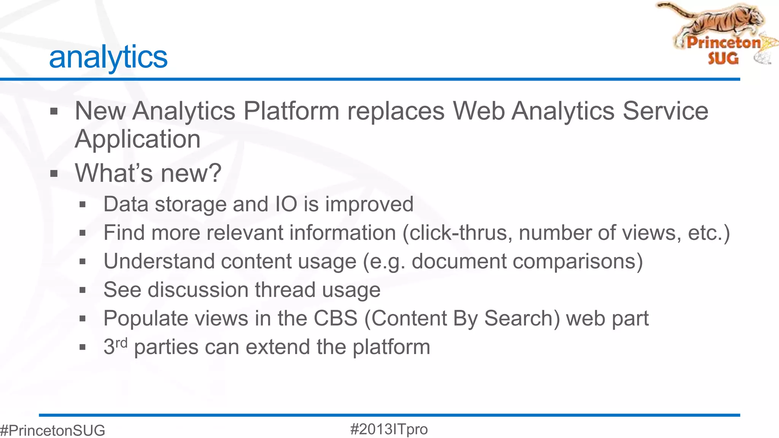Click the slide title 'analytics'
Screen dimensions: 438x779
[x=108, y=57]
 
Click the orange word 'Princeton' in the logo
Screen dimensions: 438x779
[x=723, y=42]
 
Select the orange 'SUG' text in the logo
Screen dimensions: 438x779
[x=723, y=58]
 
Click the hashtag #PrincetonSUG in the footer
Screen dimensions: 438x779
[x=53, y=430]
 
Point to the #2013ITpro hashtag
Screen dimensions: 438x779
[x=389, y=429]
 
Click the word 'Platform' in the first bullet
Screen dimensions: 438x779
[x=291, y=111]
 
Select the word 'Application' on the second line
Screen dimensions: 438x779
[x=137, y=139]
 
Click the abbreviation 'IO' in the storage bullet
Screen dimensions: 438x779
[x=286, y=204]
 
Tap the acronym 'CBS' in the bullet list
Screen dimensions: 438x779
[x=335, y=318]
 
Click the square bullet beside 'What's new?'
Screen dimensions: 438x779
[x=54, y=174]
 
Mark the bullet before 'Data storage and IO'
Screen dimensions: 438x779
[x=83, y=205]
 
